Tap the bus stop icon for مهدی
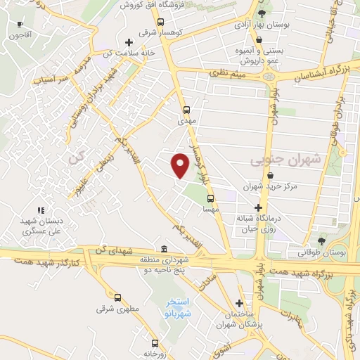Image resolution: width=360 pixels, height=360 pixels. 186,110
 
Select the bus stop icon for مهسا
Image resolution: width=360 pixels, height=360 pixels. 209,199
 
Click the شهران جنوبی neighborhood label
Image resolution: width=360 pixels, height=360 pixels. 285,160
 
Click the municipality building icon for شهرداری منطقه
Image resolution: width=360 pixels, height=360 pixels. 164,250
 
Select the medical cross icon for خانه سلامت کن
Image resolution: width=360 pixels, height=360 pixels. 128,42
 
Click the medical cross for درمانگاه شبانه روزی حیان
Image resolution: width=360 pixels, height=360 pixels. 259,208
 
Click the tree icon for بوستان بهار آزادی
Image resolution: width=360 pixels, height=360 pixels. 262,14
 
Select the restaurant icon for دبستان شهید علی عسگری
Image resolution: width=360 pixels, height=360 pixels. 41,210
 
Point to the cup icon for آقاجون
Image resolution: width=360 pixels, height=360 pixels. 13,23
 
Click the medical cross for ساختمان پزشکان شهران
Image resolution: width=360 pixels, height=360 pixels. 240,302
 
